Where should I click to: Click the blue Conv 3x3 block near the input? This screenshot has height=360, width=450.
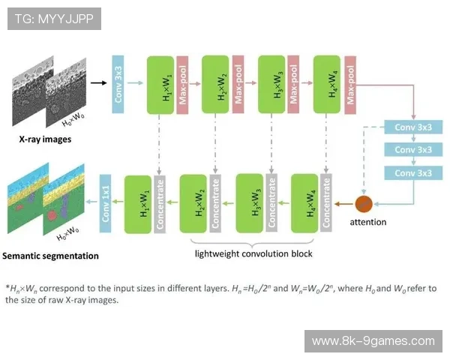coord(118,84)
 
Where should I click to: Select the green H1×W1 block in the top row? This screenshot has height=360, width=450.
coord(161,84)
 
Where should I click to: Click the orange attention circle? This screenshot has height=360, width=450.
coord(364,202)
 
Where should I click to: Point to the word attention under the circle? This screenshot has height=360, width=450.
coord(368,222)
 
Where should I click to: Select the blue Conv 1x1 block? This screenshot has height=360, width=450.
coord(106,202)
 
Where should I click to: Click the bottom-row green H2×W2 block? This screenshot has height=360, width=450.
coord(194,202)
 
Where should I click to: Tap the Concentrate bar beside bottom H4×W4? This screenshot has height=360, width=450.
coord(325,202)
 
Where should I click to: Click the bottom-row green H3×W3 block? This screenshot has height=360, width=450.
coord(250,202)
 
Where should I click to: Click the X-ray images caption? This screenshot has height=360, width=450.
coord(40,139)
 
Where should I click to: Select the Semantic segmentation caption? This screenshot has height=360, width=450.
coord(50,256)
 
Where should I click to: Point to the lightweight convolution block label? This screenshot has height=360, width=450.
coord(253,253)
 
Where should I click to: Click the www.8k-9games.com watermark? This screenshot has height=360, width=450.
coord(373,341)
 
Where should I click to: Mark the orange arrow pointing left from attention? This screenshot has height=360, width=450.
coord(344,202)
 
